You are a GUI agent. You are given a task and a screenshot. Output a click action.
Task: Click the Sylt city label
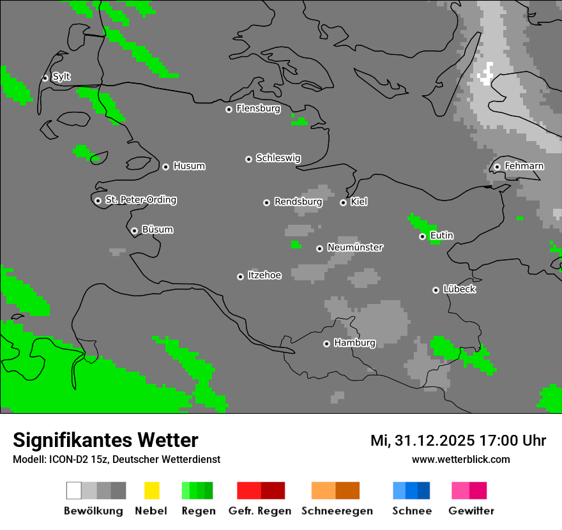point(61,77)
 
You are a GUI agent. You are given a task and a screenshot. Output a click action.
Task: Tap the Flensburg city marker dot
point(229,109)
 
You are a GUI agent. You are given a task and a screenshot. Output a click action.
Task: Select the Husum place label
point(189,167)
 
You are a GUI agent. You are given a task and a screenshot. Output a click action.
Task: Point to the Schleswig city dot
point(248,159)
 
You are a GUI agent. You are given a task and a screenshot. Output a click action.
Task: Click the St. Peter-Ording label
point(140,200)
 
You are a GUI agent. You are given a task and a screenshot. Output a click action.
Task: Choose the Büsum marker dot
point(134,231)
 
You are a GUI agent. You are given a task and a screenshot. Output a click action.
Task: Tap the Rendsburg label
point(298,202)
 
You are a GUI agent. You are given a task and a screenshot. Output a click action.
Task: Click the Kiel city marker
point(343,202)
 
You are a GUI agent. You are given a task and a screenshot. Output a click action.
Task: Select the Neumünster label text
point(355,247)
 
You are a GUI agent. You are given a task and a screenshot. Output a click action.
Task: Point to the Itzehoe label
point(264,275)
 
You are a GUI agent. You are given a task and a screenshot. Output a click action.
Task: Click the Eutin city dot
point(422,237)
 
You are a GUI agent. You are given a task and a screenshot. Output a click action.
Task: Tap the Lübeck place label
point(460,289)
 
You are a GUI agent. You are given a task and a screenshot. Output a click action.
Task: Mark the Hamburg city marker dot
point(326,344)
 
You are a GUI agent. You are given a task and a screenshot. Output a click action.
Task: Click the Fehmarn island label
point(524,166)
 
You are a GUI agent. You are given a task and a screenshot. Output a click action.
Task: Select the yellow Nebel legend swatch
point(151,490)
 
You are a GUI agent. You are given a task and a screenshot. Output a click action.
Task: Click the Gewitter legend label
point(471,511)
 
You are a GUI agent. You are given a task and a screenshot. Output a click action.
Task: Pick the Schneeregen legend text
point(337,511)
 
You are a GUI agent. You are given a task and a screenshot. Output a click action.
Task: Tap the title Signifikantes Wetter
point(105,440)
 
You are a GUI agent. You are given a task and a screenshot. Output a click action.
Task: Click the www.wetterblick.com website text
point(461,459)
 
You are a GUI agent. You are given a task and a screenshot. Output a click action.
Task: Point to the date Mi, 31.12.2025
point(422,441)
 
